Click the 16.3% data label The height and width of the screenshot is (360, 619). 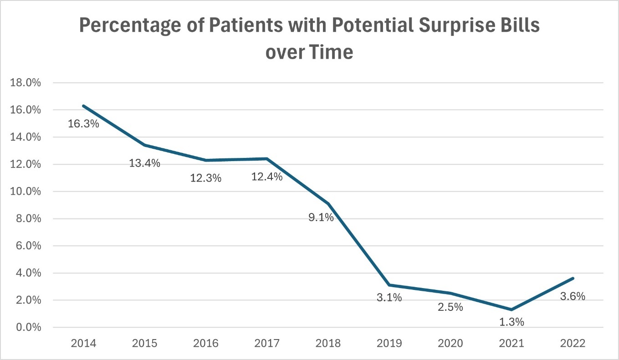point(83,123)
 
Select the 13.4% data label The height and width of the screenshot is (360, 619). point(144,163)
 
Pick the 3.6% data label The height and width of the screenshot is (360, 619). point(571,296)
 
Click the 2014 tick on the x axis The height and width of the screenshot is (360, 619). point(83,343)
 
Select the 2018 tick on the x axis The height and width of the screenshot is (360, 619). point(328,343)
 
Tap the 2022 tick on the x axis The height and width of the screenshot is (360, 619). point(573,343)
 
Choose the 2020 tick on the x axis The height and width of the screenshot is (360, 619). point(450,343)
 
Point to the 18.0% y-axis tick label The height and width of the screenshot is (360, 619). point(29,83)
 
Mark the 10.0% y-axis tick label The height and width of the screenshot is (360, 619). point(29,192)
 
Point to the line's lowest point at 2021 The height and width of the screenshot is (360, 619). point(512,310)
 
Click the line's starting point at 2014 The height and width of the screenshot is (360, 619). point(83,106)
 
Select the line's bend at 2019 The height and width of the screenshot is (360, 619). point(389,285)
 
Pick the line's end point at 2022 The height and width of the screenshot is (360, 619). point(573,278)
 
